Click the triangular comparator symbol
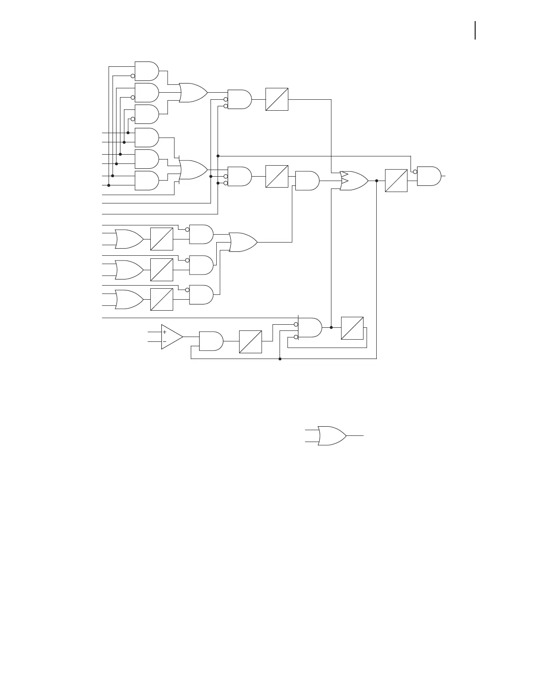click(171, 337)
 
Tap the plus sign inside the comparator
click(165, 332)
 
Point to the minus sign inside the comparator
click(165, 341)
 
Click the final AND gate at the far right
click(429, 176)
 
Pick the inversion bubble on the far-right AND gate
click(415, 172)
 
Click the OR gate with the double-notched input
click(354, 181)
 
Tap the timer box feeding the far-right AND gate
click(396, 181)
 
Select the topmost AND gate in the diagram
click(146, 71)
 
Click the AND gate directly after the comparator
click(211, 341)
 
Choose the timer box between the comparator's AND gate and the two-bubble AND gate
click(251, 341)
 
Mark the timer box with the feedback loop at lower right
click(352, 328)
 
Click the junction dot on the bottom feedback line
click(280, 359)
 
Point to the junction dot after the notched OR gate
click(377, 181)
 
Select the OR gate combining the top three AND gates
click(193, 93)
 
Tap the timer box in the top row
click(277, 99)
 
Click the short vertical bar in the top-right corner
click(475, 31)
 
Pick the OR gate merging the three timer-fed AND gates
click(243, 242)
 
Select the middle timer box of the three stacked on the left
click(162, 270)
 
